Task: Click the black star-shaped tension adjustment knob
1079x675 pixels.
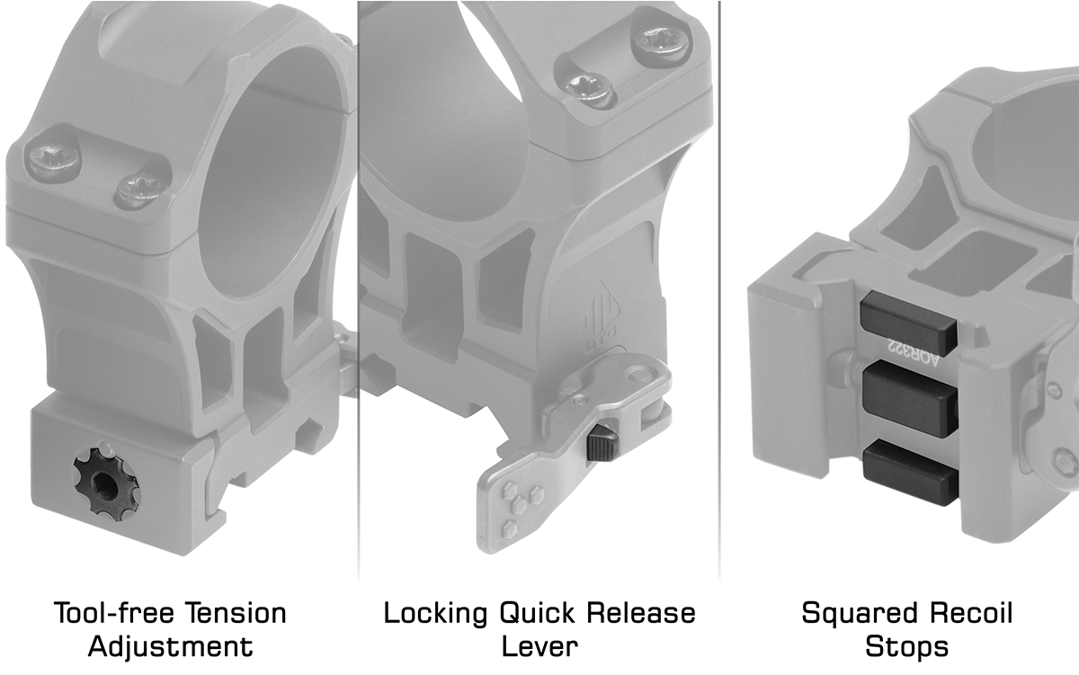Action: point(106,488)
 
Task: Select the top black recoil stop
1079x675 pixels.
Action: point(907,323)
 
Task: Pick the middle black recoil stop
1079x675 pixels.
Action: point(909,399)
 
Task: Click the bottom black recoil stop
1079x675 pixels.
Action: point(910,471)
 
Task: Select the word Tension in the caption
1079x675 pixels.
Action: point(236,613)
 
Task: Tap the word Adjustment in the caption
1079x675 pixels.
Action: point(171,646)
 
